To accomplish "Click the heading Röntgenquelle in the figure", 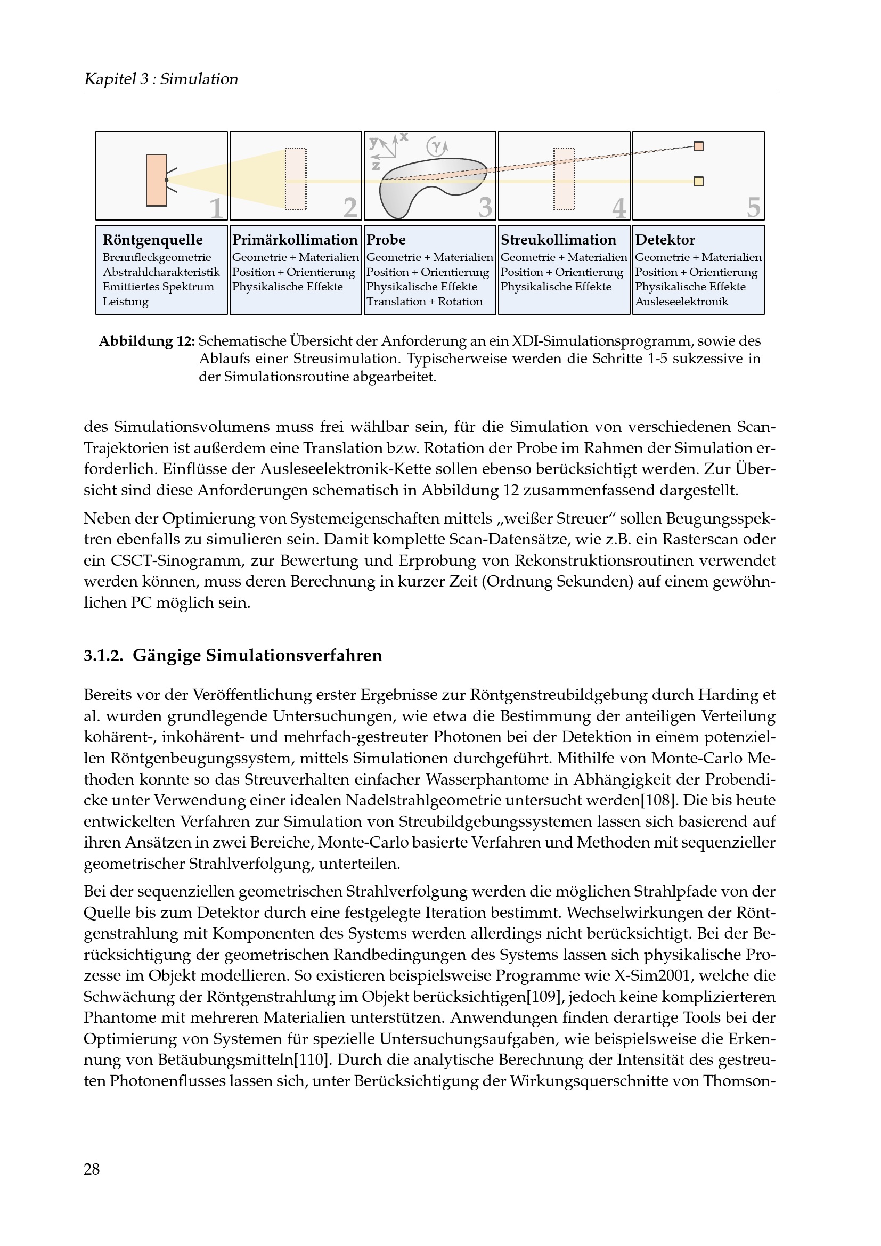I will pyautogui.click(x=152, y=240).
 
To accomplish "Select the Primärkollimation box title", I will pyautogui.click(x=295, y=240).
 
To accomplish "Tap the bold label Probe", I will pyautogui.click(x=386, y=240).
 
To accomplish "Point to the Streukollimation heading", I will pyautogui.click(x=558, y=240).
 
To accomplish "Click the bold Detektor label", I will pyautogui.click(x=665, y=240).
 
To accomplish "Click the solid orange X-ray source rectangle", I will pyautogui.click(x=156, y=180).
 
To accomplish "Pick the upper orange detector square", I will pyautogui.click(x=699, y=146).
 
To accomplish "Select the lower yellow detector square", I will pyautogui.click(x=699, y=181).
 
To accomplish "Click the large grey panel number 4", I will pyautogui.click(x=619, y=207).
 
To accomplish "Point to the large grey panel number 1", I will pyautogui.click(x=216, y=207).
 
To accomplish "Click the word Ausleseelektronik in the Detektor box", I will pyautogui.click(x=681, y=302).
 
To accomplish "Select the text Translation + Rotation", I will pyautogui.click(x=424, y=302).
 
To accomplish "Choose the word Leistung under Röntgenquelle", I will pyautogui.click(x=125, y=302).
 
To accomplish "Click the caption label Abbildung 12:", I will pyautogui.click(x=146, y=341).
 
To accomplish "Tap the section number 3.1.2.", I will pyautogui.click(x=103, y=656).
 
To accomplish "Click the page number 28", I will pyautogui.click(x=92, y=1169).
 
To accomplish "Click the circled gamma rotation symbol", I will pyautogui.click(x=436, y=145).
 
